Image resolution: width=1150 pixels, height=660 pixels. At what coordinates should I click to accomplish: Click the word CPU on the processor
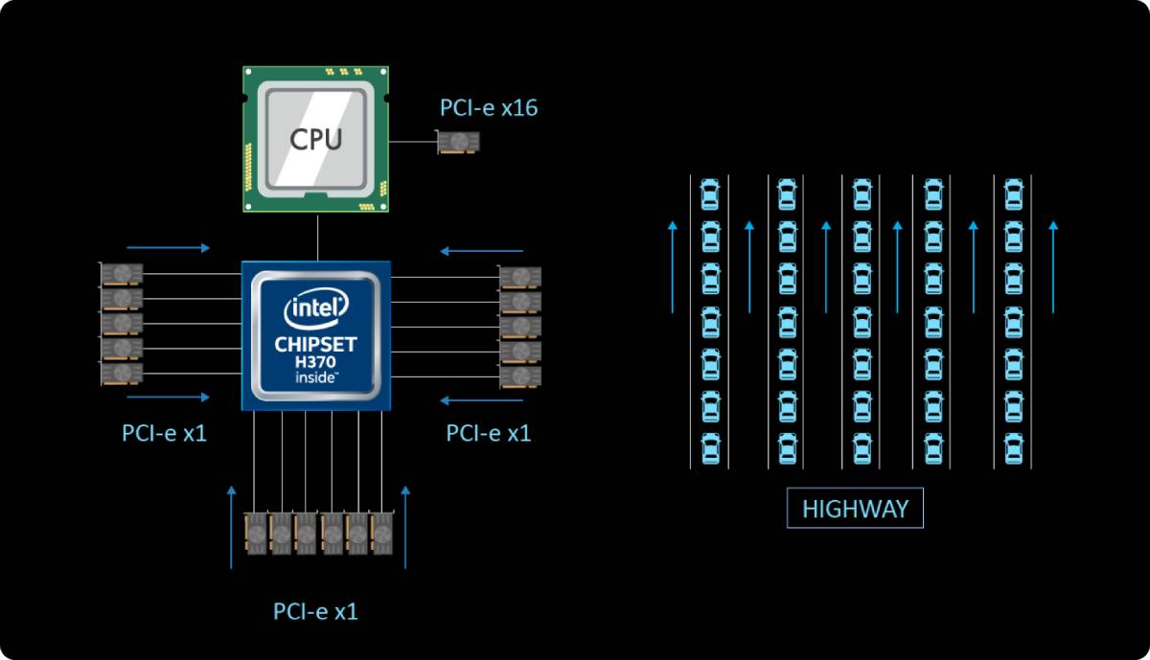[x=315, y=139]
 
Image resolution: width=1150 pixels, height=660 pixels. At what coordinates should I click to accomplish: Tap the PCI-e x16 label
[x=489, y=108]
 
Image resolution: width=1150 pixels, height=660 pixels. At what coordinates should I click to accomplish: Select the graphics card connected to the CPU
[x=458, y=142]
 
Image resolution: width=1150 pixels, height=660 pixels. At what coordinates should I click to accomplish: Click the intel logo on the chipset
[x=316, y=307]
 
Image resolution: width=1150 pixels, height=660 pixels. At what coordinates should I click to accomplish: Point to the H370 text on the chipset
[x=315, y=362]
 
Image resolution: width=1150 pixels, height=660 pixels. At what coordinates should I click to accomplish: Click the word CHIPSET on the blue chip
[x=315, y=345]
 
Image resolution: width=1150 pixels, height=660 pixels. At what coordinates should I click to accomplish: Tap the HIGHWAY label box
[x=855, y=508]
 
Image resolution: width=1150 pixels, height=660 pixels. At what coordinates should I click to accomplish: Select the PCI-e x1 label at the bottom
[x=315, y=611]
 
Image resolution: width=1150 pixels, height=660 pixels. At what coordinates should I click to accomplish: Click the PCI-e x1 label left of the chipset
[x=164, y=433]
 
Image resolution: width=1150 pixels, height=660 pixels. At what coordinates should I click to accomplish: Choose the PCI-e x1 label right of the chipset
[x=488, y=433]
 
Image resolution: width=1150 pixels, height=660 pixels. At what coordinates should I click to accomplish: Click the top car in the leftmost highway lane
[x=710, y=194]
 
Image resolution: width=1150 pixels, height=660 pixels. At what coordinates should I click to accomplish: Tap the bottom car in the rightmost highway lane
[x=1014, y=448]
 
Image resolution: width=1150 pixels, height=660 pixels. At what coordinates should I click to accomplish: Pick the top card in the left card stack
[x=121, y=274]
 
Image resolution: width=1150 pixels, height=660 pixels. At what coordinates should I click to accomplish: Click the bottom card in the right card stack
[x=519, y=377]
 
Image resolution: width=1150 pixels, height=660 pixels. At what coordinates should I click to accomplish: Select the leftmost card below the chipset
[x=256, y=534]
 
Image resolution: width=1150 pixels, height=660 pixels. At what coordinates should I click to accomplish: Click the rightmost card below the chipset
[x=382, y=534]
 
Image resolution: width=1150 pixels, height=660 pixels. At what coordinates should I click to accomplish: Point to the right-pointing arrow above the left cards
[x=169, y=248]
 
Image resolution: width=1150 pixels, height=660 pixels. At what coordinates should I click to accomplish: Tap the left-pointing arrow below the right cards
[x=481, y=400]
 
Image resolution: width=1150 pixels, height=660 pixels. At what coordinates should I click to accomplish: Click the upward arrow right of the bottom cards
[x=405, y=527]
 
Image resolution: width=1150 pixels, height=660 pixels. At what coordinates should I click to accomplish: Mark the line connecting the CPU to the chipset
[x=317, y=238]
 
